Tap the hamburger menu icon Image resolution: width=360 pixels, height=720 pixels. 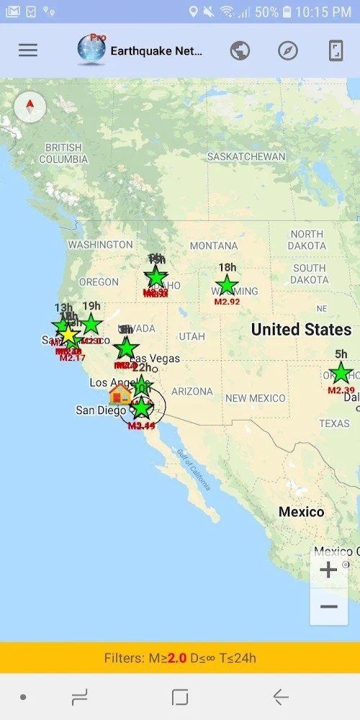click(28, 50)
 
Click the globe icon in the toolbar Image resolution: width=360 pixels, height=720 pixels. click(240, 50)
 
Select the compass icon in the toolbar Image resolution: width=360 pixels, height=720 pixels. click(288, 50)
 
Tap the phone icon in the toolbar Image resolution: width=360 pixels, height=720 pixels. click(336, 50)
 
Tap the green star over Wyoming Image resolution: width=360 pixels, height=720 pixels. click(227, 284)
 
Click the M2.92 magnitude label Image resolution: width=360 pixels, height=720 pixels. click(227, 302)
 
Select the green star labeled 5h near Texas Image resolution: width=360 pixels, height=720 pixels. click(341, 373)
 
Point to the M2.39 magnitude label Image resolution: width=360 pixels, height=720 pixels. click(341, 390)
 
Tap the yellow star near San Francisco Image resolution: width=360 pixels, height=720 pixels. click(68, 335)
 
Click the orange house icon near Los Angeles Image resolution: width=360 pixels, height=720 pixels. click(120, 393)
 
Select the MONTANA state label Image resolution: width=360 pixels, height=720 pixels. click(213, 246)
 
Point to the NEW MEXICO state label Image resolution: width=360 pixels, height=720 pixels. click(255, 398)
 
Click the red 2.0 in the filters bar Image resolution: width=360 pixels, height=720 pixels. click(177, 658)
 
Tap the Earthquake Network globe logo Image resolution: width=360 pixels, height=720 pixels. click(91, 50)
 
